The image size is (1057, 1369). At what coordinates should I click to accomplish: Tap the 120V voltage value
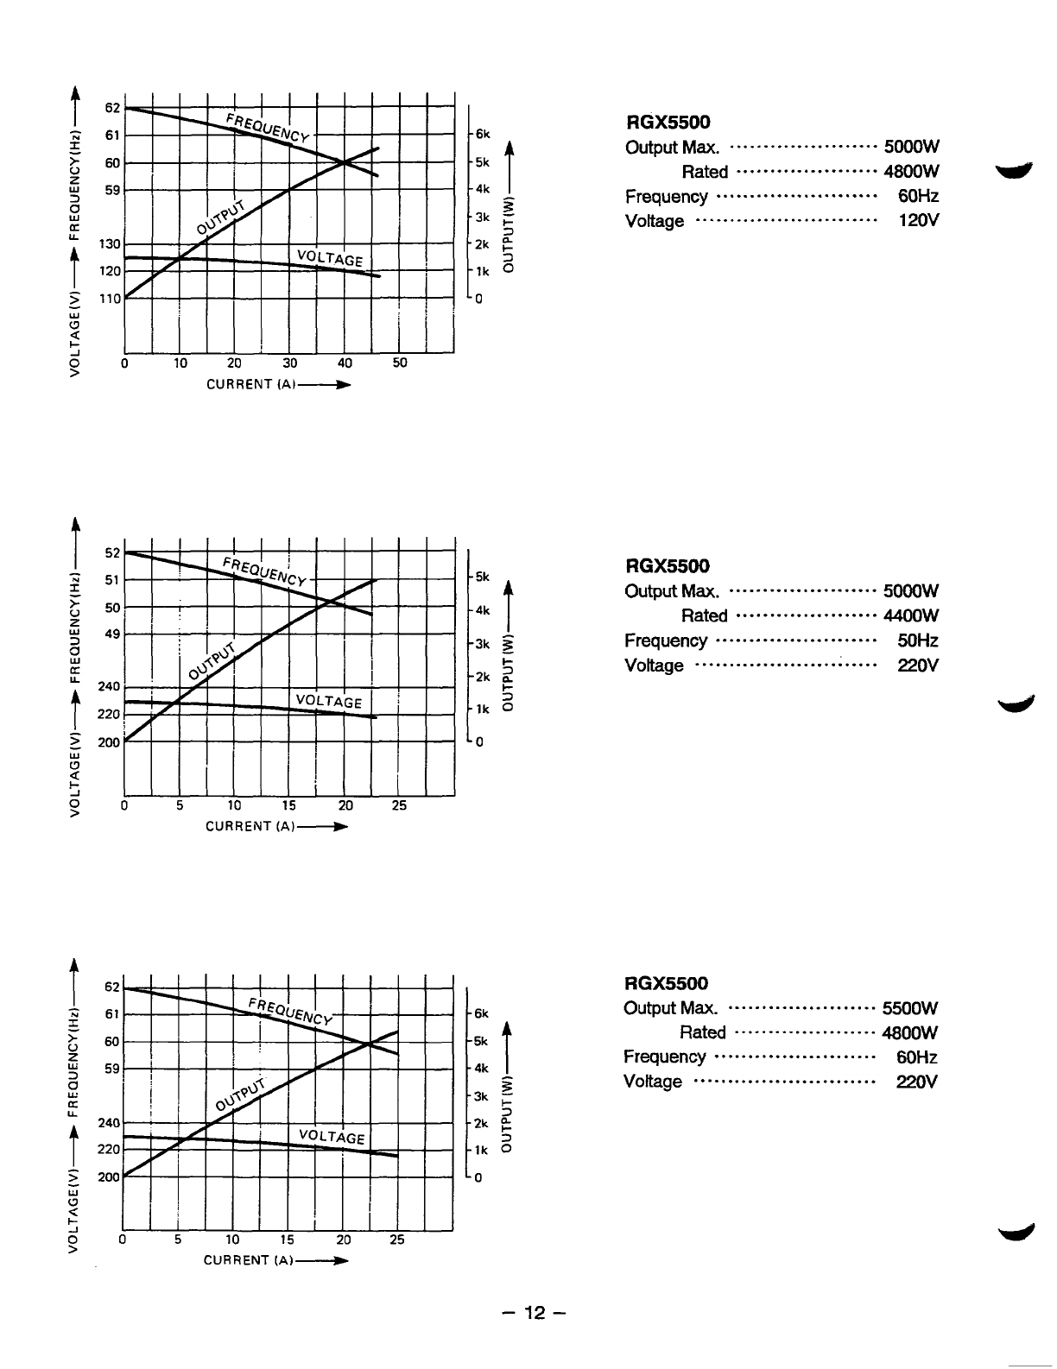[918, 221]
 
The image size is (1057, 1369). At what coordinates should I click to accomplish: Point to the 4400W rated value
[911, 615]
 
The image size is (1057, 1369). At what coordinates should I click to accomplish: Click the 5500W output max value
[910, 1008]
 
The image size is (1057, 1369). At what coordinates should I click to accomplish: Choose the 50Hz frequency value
[918, 640]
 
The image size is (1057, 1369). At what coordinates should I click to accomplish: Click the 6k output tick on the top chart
[482, 135]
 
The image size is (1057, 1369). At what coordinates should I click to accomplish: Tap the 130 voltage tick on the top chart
[110, 244]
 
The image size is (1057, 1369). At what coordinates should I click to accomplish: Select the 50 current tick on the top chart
[400, 363]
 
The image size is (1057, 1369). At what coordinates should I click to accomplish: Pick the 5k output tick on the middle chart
[482, 577]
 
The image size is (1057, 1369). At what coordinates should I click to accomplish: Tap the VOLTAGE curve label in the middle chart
[329, 701]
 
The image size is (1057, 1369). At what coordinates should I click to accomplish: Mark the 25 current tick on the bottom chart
[397, 1240]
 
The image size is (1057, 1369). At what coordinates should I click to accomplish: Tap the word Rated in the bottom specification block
[703, 1033]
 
